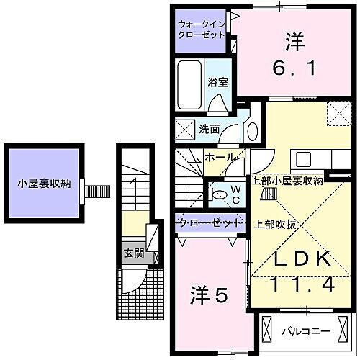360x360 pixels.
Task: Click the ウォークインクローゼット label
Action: point(202,30)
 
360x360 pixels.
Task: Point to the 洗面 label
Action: point(209,130)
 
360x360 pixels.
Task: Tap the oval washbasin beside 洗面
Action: point(252,130)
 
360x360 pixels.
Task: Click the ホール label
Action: point(218,156)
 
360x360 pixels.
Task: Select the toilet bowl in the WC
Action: point(217,192)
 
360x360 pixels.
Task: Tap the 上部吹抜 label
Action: point(271,223)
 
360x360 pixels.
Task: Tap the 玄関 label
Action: point(132,253)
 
